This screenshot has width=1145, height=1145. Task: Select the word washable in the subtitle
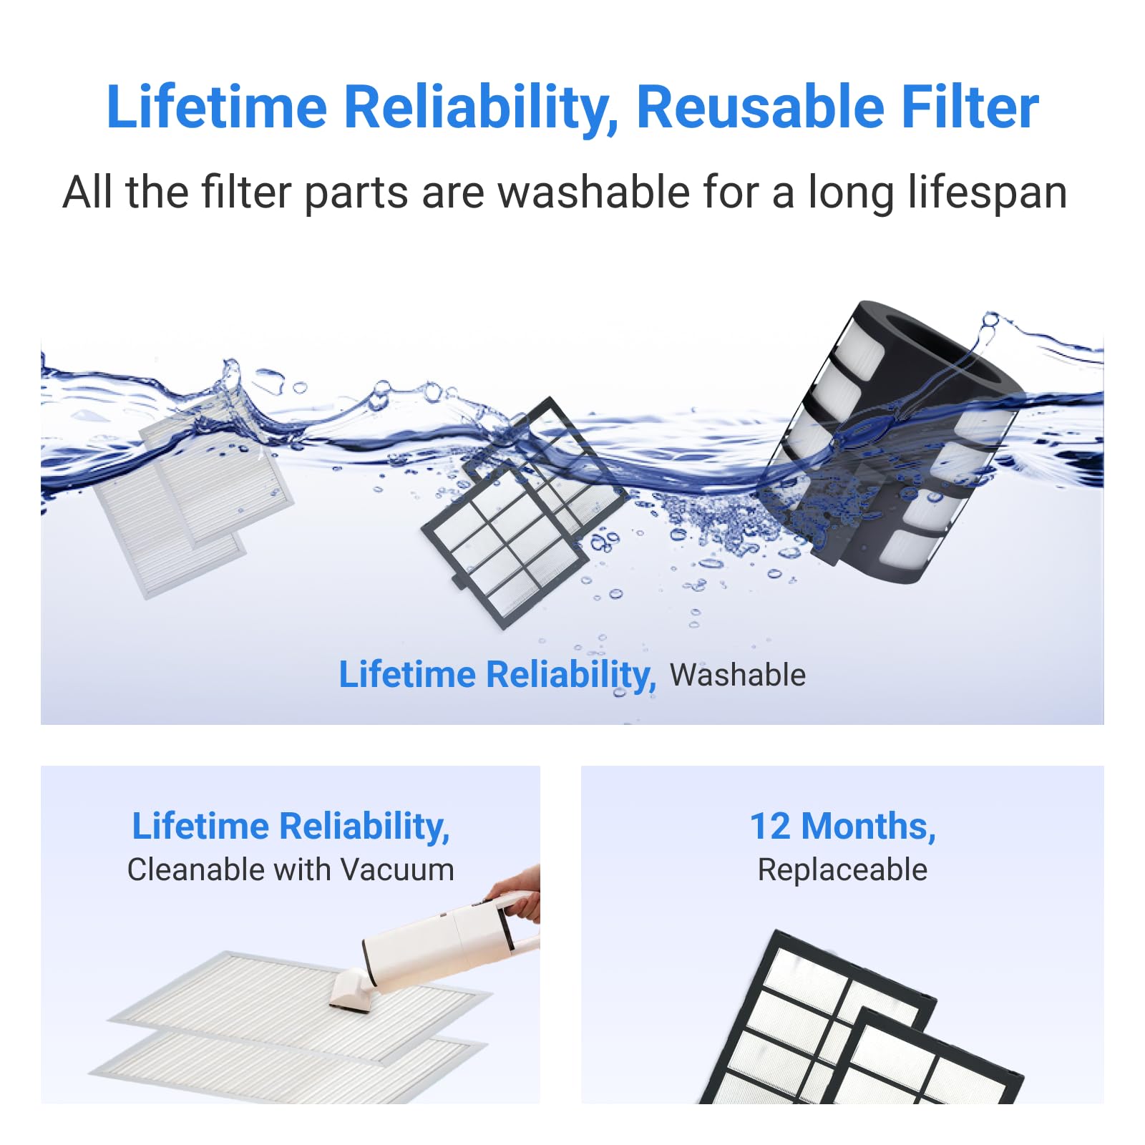coord(594,193)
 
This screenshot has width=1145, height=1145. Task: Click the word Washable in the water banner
coord(738,675)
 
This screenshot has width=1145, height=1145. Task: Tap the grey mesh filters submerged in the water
coord(193,494)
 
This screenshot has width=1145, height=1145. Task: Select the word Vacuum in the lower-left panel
coord(397,869)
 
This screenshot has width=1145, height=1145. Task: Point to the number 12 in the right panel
coord(770,826)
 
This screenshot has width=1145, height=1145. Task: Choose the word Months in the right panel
coord(868,827)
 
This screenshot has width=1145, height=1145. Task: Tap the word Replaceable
coord(842,870)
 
